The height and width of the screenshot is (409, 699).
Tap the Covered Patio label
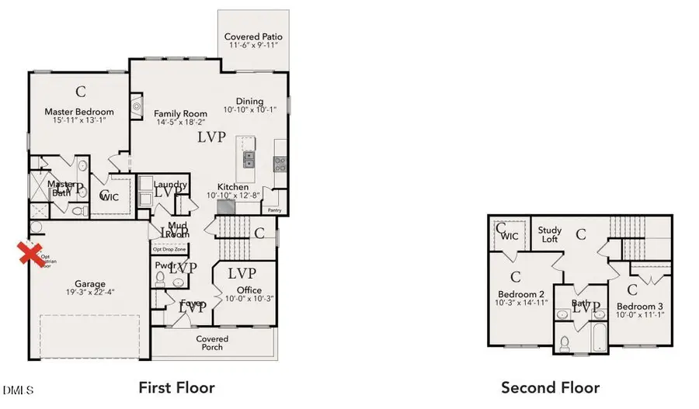[253, 37]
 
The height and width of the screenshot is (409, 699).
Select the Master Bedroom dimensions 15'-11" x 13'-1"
[78, 121]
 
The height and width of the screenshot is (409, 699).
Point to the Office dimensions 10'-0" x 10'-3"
[245, 299]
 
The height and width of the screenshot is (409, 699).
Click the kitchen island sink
[248, 160]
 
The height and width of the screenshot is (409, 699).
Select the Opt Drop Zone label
[169, 249]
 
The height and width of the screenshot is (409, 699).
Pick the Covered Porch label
[212, 342]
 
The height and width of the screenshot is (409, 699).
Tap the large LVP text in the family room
[210, 137]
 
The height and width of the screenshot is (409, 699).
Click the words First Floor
[176, 386]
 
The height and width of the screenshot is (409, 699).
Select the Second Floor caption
[550, 386]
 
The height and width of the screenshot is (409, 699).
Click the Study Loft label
[551, 234]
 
